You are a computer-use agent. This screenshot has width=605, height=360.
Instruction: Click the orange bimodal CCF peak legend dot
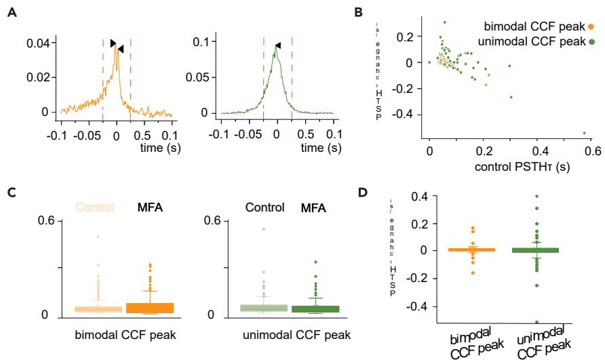pos(591,26)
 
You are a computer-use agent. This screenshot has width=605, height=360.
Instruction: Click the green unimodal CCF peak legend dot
pos(591,43)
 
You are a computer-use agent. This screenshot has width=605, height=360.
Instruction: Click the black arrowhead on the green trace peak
pos(277,46)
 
